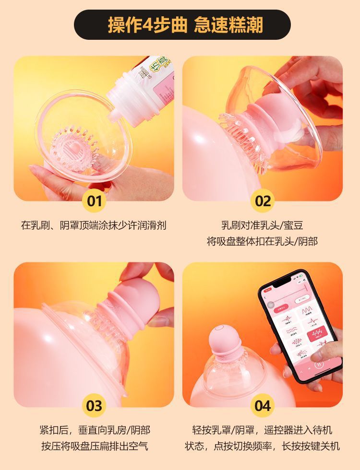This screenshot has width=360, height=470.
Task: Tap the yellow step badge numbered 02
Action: click(x=263, y=200)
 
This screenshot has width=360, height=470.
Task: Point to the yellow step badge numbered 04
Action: click(x=263, y=406)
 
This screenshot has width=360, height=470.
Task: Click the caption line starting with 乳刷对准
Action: click(x=262, y=225)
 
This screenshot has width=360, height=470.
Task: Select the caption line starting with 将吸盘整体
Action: click(x=262, y=241)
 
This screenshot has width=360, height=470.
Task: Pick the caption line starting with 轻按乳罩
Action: click(x=262, y=430)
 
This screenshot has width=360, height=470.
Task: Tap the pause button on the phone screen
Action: click(x=318, y=364)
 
